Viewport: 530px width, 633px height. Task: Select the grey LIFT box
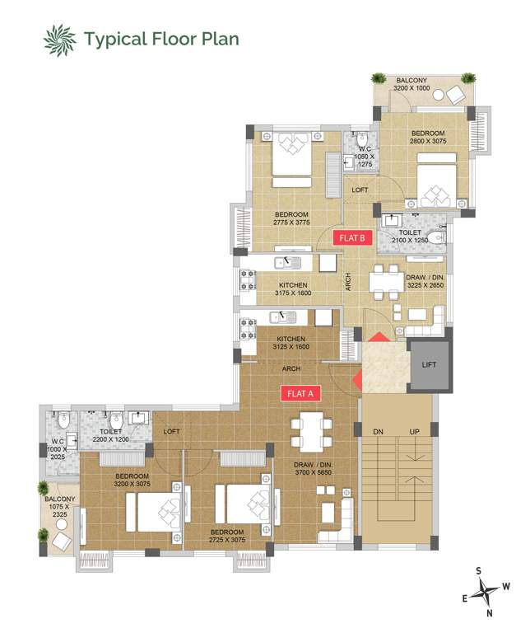pyautogui.click(x=430, y=363)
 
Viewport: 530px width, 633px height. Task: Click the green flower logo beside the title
pyautogui.click(x=59, y=38)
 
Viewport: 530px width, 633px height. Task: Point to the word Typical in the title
pyautogui.click(x=114, y=38)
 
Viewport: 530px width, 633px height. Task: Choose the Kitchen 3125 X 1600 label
pyautogui.click(x=291, y=343)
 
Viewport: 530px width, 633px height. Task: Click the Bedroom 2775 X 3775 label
pyautogui.click(x=291, y=219)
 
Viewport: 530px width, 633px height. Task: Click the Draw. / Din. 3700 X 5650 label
pyautogui.click(x=313, y=469)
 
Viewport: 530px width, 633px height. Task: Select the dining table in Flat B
pyautogui.click(x=383, y=284)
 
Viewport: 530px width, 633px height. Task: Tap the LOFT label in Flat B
pyautogui.click(x=360, y=190)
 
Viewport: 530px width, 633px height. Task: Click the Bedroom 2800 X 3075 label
pyautogui.click(x=427, y=137)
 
